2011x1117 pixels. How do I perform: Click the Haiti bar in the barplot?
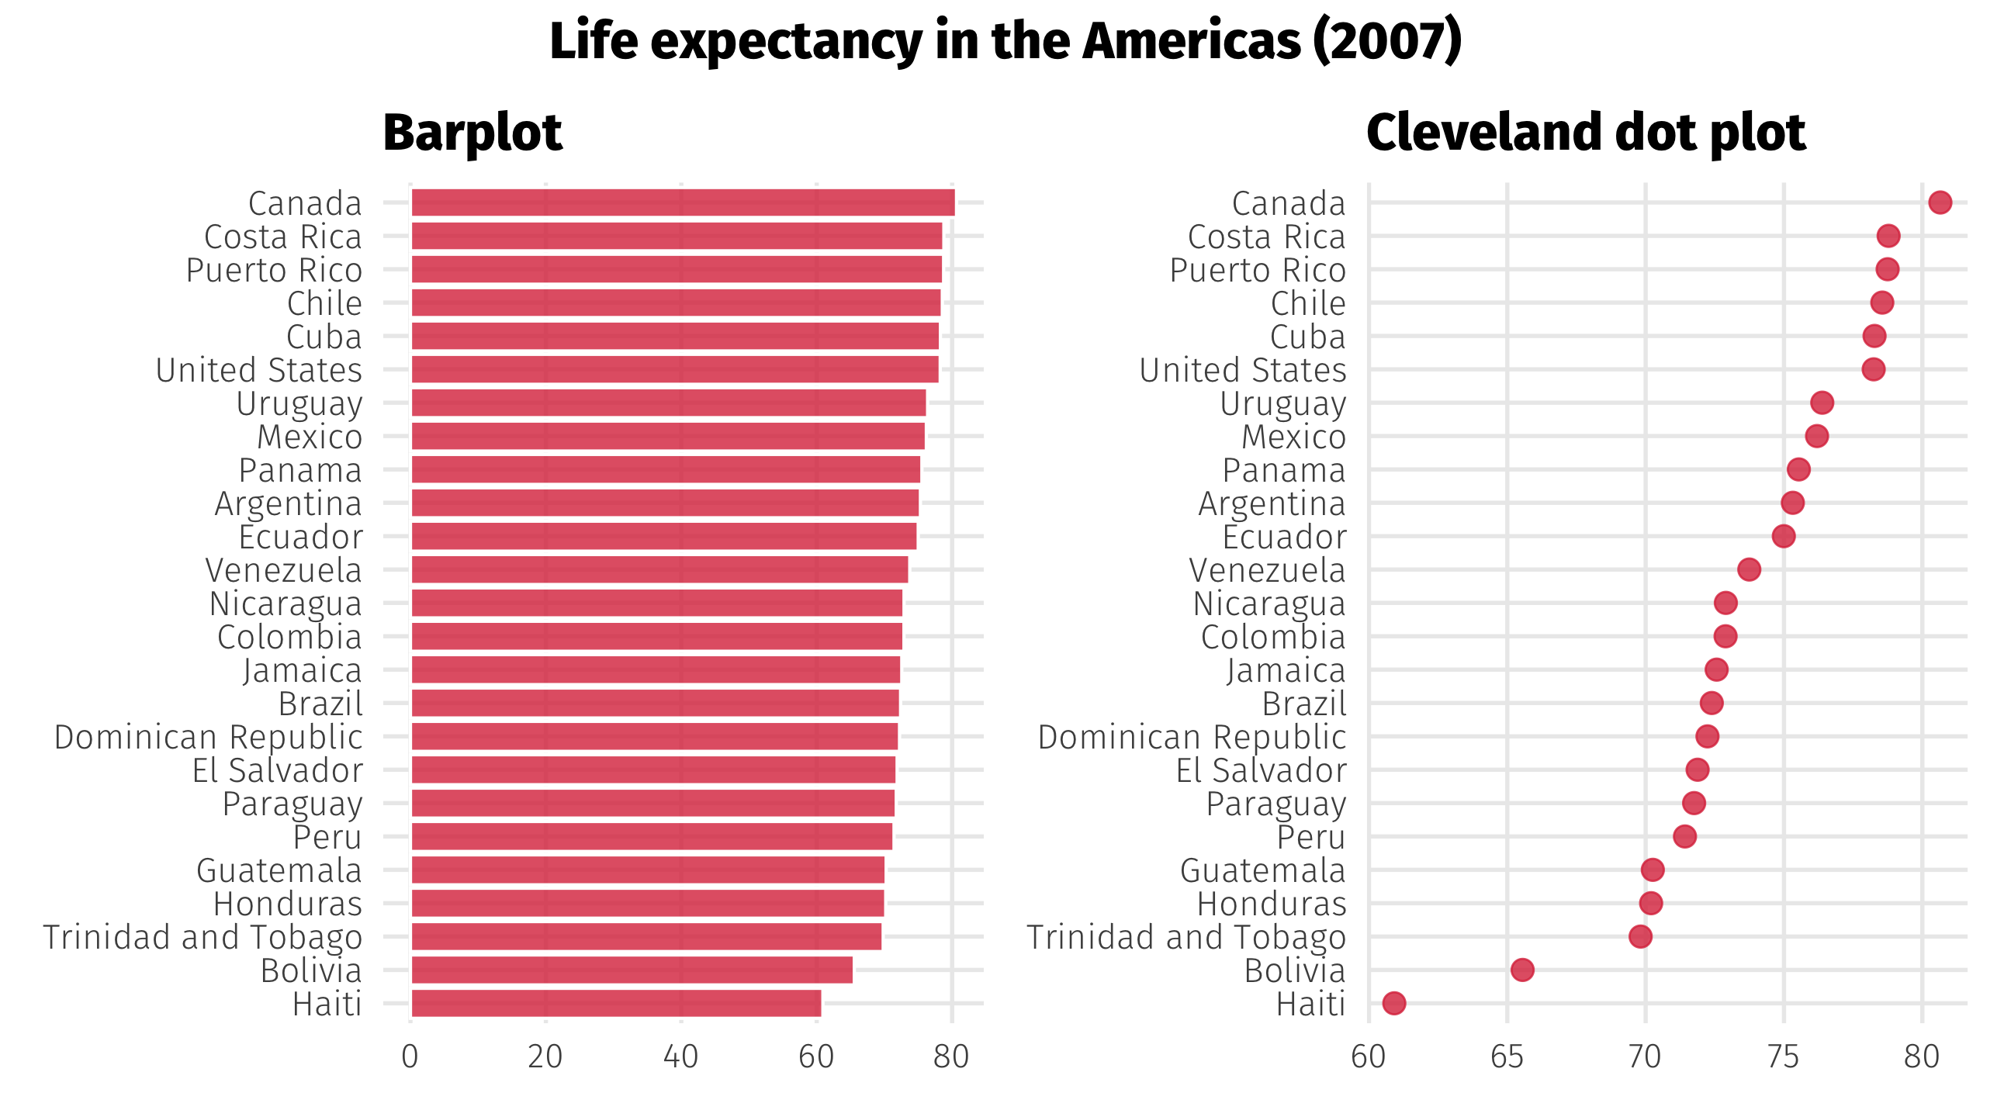coord(615,1003)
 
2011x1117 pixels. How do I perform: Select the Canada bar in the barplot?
coord(682,202)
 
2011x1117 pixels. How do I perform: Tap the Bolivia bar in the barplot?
coord(631,970)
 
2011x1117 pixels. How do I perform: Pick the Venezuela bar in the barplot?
coord(659,570)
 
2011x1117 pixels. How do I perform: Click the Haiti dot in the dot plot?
coord(1393,1003)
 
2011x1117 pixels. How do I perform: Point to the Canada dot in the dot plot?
coord(1940,202)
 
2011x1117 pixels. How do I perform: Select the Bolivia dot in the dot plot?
coord(1522,970)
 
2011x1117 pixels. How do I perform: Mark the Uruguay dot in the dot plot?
coord(1822,403)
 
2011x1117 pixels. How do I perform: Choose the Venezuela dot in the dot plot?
coord(1749,570)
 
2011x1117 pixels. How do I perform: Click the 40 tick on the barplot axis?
coord(680,1057)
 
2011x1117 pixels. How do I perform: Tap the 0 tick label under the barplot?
coord(410,1057)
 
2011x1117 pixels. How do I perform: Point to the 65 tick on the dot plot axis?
coord(1507,1057)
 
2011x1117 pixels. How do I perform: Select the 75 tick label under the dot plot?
coord(1784,1057)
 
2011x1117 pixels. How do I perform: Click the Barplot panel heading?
coord(472,132)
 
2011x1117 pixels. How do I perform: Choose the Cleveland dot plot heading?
coord(1586,132)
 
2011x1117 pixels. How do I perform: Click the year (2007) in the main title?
coord(1387,40)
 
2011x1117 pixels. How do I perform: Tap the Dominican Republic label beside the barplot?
coord(209,737)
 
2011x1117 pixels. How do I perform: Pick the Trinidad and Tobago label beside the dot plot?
coord(1186,937)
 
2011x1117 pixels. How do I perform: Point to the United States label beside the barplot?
coord(259,370)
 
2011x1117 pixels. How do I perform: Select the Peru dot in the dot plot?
coord(1684,836)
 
